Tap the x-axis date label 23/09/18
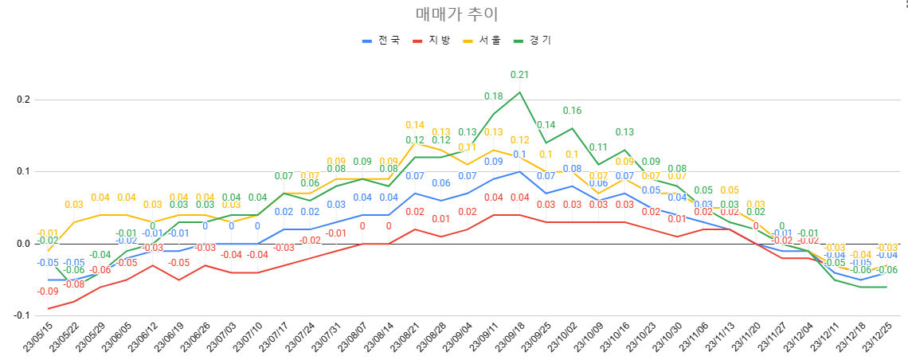507,338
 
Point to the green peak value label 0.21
519,75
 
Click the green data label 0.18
493,96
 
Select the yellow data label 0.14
415,125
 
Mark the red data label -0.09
48,292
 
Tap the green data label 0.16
572,111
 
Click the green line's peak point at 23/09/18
519,92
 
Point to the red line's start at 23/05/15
48,308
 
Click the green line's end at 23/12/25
886,287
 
